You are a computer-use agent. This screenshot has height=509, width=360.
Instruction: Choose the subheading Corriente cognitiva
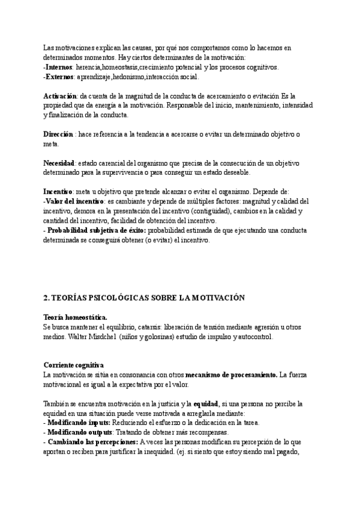(74, 364)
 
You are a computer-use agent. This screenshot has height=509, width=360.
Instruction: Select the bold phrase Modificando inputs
(77, 423)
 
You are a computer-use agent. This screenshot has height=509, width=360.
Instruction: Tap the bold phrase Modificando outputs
(79, 432)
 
